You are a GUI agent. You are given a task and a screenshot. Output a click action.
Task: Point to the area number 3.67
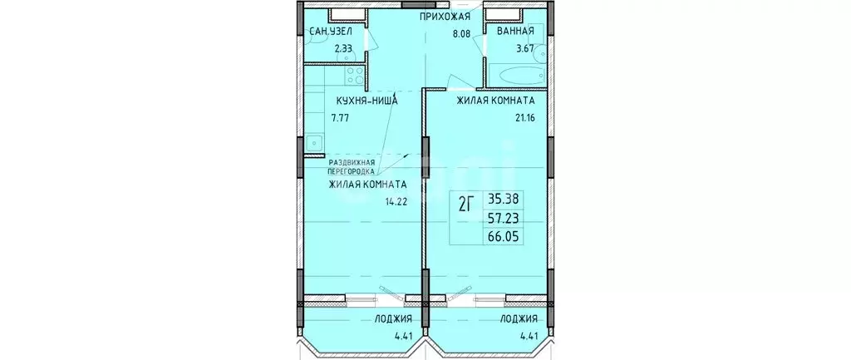525,48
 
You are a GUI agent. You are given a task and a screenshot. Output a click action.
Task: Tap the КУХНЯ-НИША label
367,101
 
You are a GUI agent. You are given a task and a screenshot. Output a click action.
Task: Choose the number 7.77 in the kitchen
342,118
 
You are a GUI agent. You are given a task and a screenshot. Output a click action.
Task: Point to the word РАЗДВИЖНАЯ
352,162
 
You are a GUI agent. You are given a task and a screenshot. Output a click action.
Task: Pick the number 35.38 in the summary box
507,200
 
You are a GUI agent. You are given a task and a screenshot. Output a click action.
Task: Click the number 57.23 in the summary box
507,218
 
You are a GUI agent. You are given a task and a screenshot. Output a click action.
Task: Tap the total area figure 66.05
507,236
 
